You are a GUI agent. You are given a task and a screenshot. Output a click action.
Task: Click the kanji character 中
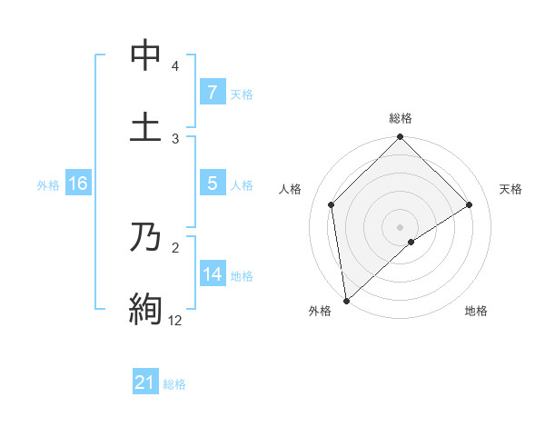click(x=145, y=55)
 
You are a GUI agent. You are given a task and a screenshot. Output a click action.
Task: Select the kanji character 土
click(x=145, y=126)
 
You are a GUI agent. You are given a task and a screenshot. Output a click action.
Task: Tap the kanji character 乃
click(x=145, y=238)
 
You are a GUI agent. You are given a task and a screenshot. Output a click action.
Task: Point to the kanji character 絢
click(x=145, y=309)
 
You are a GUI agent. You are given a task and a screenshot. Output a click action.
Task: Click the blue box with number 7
click(x=212, y=92)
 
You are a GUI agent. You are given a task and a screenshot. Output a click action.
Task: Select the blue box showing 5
click(x=212, y=184)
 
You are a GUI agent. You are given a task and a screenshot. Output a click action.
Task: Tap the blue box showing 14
click(x=212, y=274)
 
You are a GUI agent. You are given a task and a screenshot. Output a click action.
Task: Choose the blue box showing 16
click(x=77, y=184)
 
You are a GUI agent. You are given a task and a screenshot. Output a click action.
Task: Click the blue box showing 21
click(x=144, y=383)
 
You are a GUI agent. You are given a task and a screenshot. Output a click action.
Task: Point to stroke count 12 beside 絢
click(x=174, y=320)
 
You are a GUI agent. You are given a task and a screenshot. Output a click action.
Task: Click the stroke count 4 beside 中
click(x=175, y=66)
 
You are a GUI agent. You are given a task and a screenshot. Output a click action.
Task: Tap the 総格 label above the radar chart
click(x=401, y=118)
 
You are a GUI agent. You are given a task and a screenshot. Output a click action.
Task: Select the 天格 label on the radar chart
click(x=510, y=189)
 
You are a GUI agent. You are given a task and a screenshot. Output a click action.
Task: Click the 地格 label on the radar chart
click(x=476, y=311)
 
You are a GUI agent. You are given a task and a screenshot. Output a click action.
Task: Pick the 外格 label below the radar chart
click(x=320, y=311)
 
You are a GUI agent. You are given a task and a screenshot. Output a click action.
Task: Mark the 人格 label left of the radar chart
click(x=291, y=189)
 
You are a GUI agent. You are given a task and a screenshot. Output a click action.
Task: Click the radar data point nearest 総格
click(x=401, y=138)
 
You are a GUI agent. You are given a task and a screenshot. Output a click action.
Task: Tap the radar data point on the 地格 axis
click(x=411, y=242)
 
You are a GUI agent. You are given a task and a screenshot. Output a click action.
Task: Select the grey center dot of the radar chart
click(x=401, y=226)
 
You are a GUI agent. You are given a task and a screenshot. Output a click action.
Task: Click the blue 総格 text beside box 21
click(x=174, y=384)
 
